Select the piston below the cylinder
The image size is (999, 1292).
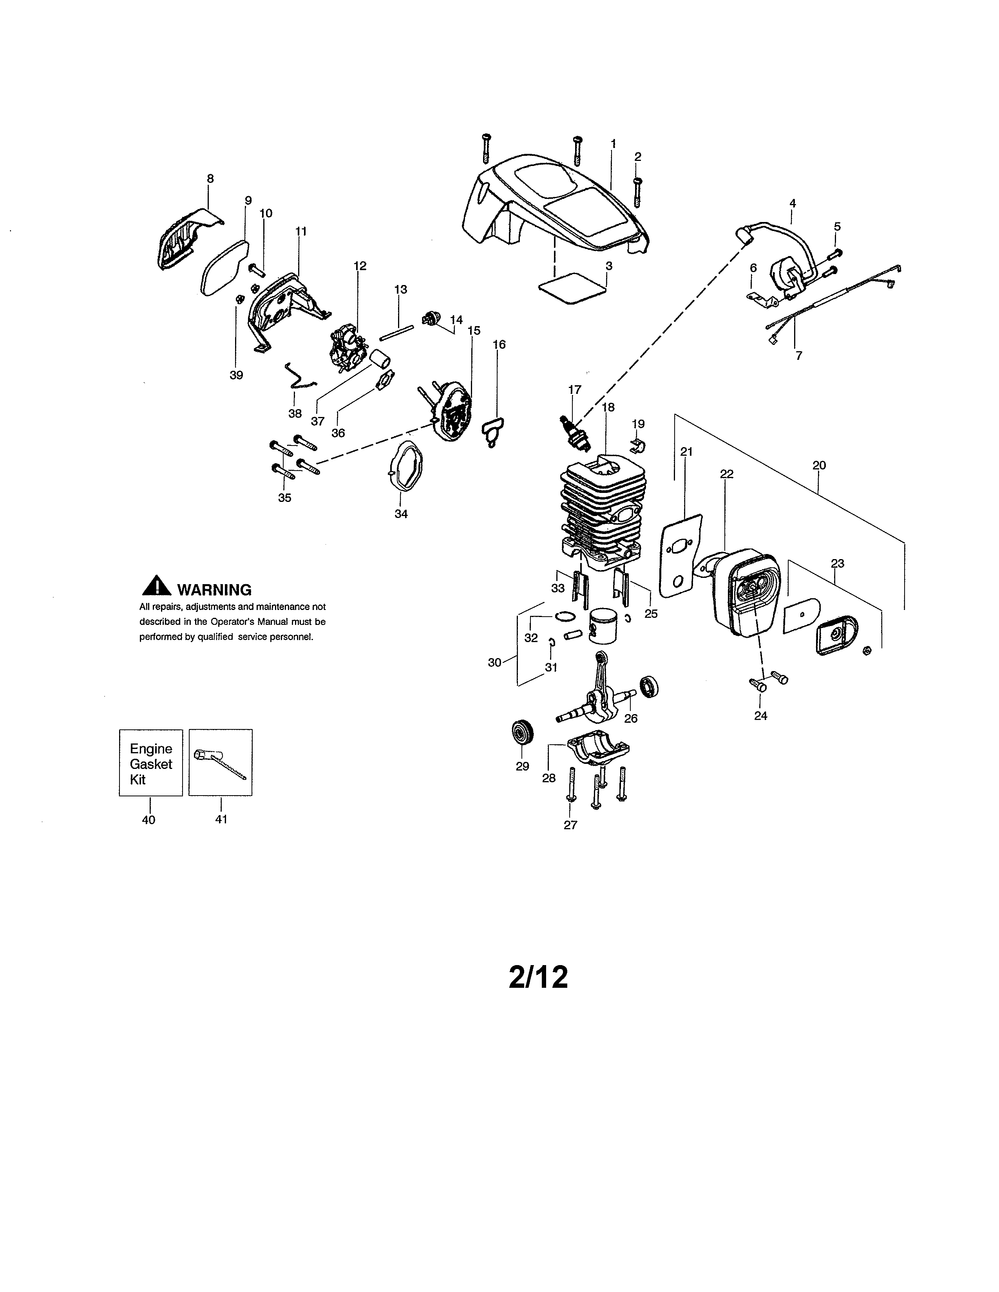(603, 626)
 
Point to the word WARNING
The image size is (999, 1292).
(214, 590)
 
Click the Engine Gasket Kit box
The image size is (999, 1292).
(151, 763)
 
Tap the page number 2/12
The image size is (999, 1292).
(538, 977)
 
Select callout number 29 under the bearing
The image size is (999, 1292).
(522, 767)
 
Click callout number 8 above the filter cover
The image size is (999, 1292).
(210, 179)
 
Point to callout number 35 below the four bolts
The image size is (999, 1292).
(285, 498)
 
